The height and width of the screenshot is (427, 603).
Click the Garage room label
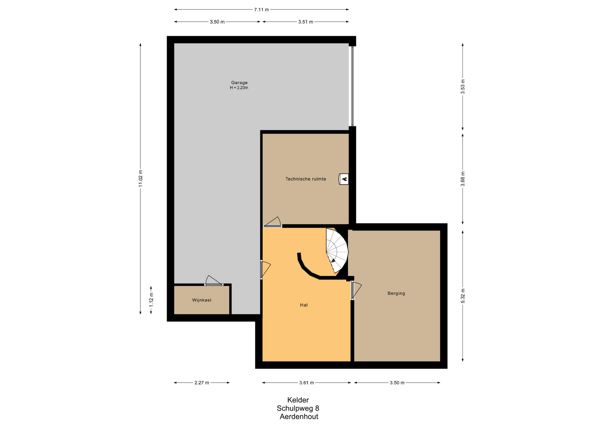(239, 83)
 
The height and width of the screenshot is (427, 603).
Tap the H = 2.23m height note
(239, 88)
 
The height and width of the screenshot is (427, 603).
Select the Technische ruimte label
(306, 179)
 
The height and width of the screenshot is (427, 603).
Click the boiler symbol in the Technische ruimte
(344, 179)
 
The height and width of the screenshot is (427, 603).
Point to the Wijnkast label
(202, 300)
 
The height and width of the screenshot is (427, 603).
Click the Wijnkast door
(214, 280)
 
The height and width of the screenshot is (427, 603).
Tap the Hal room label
(304, 305)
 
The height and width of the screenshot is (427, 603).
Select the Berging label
(396, 293)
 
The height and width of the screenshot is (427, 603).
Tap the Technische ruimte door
(272, 222)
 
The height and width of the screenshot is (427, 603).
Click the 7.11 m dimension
(261, 9)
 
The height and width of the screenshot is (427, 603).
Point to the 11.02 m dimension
(140, 179)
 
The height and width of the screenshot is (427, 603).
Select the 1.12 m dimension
(151, 300)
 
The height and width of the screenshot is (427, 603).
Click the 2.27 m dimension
(202, 383)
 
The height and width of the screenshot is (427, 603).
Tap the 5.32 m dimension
(463, 296)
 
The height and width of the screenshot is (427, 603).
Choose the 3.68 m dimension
(463, 179)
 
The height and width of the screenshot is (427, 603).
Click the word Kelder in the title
(298, 400)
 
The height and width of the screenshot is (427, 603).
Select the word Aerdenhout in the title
(299, 417)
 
